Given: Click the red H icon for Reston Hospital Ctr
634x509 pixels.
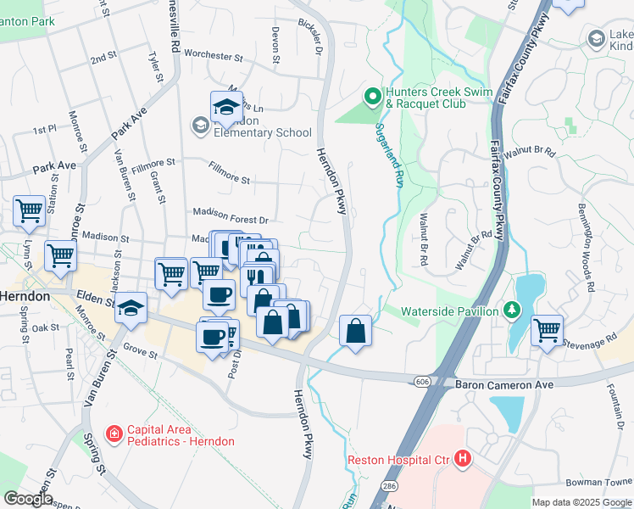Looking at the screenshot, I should (462, 460).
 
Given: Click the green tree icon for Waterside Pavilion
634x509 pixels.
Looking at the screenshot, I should (511, 310).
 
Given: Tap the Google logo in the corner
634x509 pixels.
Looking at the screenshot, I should (27, 499).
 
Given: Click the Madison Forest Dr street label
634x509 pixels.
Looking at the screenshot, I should (230, 218).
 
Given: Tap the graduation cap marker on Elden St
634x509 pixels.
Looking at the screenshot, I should (131, 307).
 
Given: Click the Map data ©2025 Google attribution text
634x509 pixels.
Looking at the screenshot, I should (581, 502).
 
